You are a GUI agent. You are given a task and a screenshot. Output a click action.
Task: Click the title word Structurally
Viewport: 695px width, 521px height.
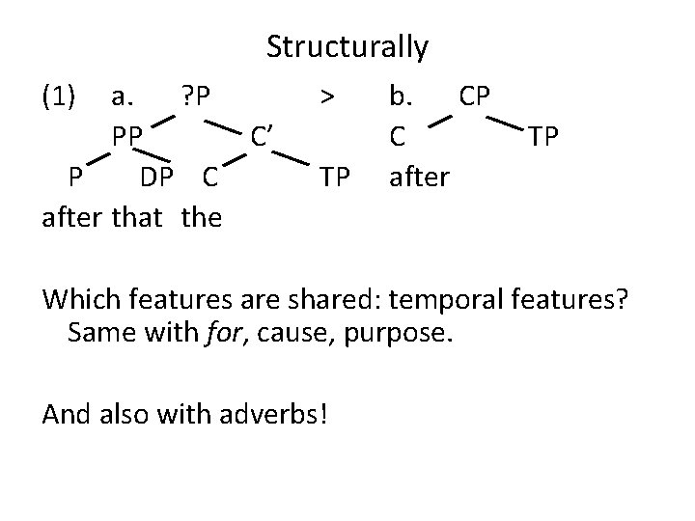[x=347, y=46]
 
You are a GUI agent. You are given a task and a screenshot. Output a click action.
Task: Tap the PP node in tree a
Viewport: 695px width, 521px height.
[x=126, y=136]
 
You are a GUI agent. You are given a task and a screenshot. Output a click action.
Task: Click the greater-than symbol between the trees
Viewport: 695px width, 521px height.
[x=328, y=96]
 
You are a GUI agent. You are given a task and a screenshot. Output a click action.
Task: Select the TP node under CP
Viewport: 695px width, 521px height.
[x=542, y=136]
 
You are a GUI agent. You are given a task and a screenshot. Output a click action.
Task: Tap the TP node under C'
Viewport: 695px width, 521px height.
[x=335, y=178]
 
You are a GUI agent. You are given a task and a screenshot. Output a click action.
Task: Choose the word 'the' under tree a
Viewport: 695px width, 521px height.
[x=201, y=217]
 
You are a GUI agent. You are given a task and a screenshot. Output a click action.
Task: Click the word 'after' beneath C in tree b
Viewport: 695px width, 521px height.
[x=418, y=178]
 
